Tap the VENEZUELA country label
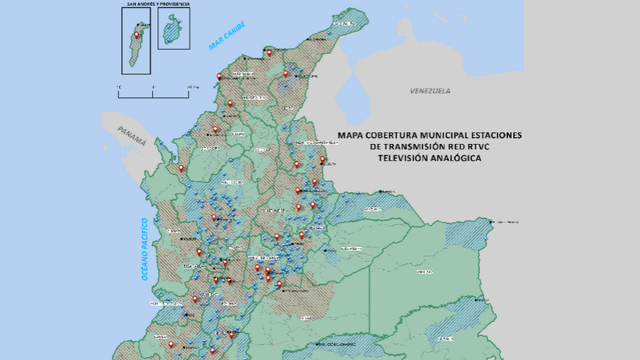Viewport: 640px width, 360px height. [430, 91]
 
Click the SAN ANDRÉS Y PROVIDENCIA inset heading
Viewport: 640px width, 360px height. [157, 4]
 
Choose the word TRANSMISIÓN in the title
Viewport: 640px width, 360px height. [414, 147]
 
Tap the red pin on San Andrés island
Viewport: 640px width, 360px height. [137, 34]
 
